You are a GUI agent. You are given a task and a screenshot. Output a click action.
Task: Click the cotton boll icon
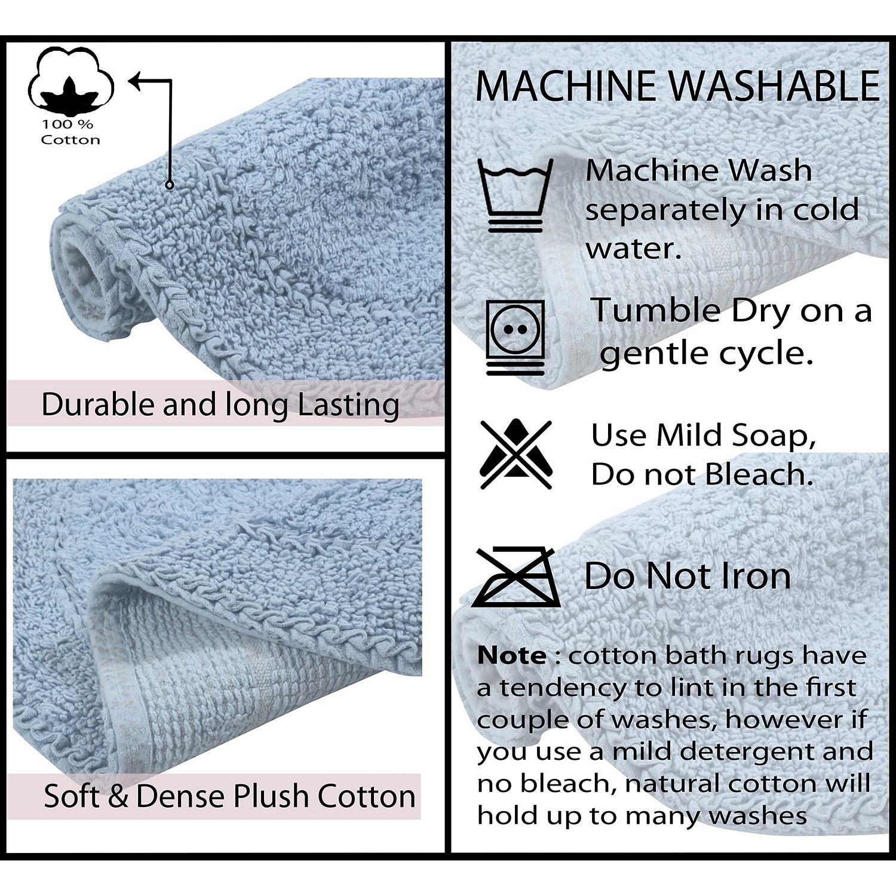71,81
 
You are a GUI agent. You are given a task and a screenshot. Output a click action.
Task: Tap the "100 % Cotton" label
70,132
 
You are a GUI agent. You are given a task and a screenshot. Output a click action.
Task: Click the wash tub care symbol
515,195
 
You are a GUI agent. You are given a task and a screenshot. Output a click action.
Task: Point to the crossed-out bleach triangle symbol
516,454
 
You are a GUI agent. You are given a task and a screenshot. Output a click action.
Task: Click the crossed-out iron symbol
516,576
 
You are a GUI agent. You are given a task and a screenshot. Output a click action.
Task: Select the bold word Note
511,655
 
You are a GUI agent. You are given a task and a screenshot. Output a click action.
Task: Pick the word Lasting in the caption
348,406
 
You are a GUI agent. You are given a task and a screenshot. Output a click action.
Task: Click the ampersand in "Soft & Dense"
118,796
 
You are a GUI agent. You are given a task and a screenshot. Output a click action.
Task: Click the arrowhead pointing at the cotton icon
137,81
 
